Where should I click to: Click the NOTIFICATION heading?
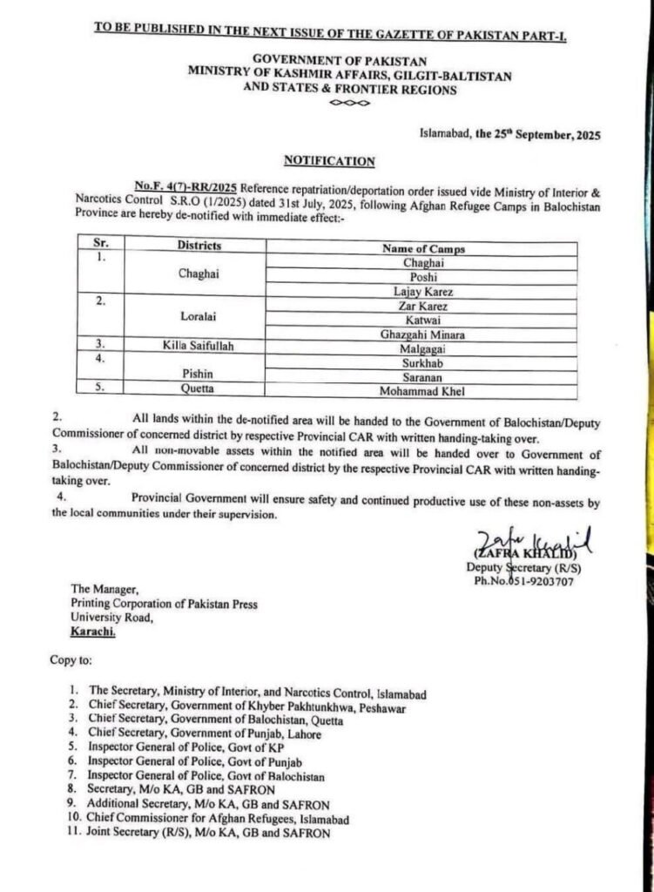point(329,161)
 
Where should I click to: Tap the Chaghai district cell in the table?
point(198,274)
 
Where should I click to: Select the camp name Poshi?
point(423,276)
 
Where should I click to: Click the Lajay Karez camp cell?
point(423,291)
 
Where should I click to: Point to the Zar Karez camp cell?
point(423,305)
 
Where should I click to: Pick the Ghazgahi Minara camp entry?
point(423,334)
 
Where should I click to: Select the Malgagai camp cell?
point(423,348)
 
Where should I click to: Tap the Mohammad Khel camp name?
point(423,391)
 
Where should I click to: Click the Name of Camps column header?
point(423,248)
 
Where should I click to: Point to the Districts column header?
point(199,246)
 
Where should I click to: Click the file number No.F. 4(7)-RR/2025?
point(185,186)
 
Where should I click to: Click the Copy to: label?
point(70,662)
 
